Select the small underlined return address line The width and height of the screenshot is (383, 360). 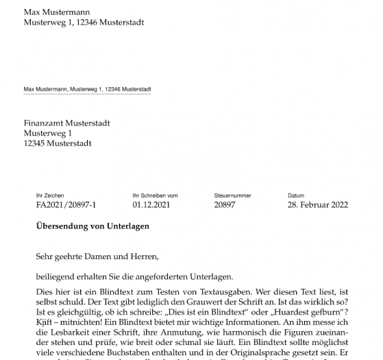[87, 89]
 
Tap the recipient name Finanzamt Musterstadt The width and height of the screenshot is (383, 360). [66, 123]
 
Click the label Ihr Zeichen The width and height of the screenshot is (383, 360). [50, 195]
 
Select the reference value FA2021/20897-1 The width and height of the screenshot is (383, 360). [66, 204]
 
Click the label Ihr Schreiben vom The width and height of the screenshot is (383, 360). [155, 195]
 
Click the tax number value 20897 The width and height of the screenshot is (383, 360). [225, 204]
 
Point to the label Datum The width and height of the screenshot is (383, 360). [296, 195]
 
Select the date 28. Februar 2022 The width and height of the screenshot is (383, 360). [318, 204]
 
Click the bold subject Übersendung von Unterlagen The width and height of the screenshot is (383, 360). [92, 226]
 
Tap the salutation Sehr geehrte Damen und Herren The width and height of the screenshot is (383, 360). [97, 257]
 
